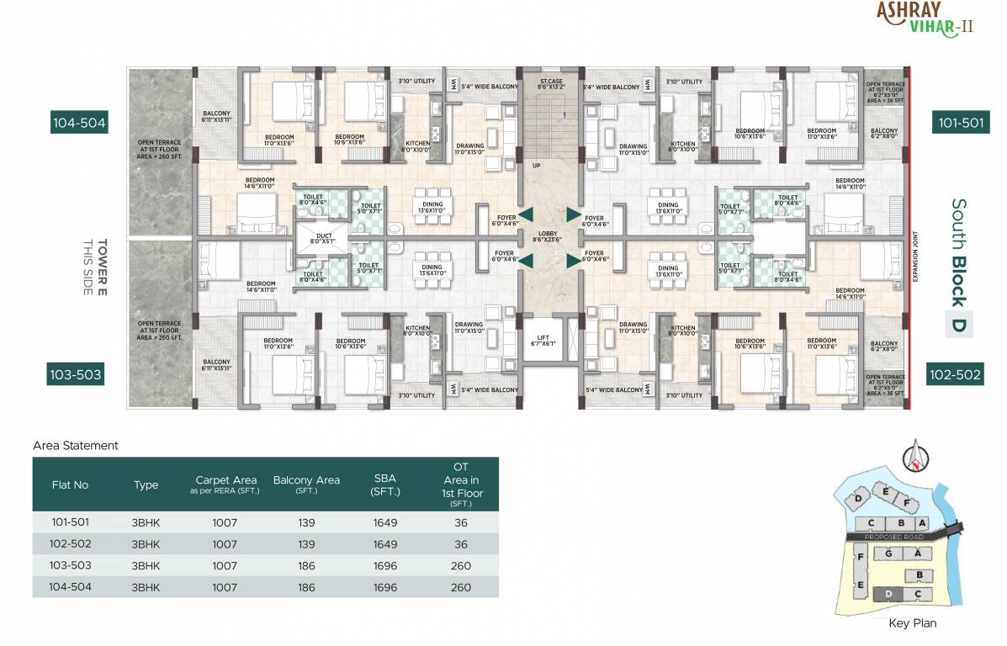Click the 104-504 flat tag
[x=79, y=123]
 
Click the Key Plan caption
[x=912, y=623]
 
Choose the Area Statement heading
[x=75, y=446]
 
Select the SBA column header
[x=385, y=484]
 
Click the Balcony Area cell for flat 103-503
[x=306, y=566]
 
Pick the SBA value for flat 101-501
[x=385, y=522]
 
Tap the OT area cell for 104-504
[x=460, y=587]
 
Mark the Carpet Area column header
[x=225, y=484]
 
